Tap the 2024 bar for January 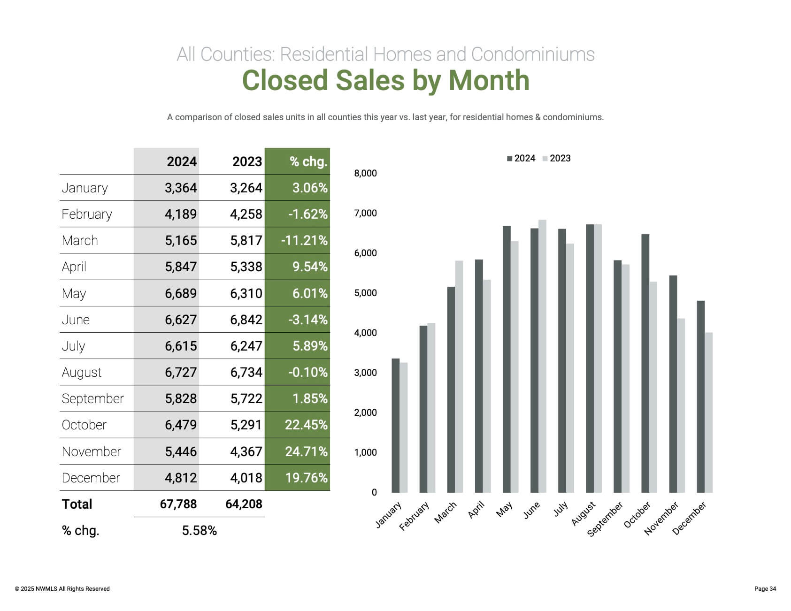click(395, 425)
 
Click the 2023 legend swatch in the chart click(545, 159)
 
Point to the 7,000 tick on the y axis click(365, 213)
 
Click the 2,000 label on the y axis click(365, 412)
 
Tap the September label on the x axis click(606, 519)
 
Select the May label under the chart click(504, 509)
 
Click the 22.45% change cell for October click(306, 425)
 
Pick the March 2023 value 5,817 click(246, 240)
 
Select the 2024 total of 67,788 click(178, 504)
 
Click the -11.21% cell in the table click(304, 240)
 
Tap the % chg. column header click(308, 161)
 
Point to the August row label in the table click(82, 372)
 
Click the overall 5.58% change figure click(199, 530)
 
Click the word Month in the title click(489, 80)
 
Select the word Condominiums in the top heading click(533, 54)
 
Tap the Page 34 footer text click(765, 588)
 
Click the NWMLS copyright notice click(62, 588)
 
